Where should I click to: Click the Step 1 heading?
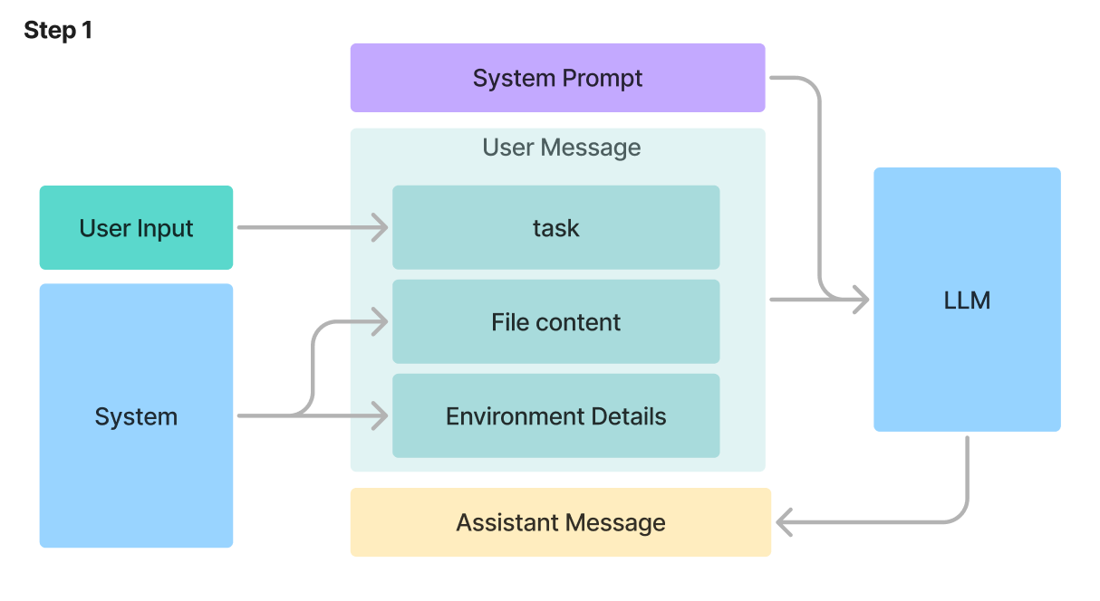[x=58, y=31]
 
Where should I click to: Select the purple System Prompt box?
[x=557, y=78]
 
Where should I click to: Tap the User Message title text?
[x=561, y=148]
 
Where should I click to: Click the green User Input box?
[x=136, y=228]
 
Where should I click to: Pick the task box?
[x=555, y=228]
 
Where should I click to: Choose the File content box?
[x=555, y=322]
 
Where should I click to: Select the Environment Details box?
[x=555, y=416]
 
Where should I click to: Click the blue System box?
[x=136, y=416]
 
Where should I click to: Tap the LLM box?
[x=967, y=300]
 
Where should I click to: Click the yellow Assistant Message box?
[x=560, y=522]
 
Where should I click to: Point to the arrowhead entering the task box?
[x=381, y=228]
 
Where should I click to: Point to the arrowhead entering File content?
[x=381, y=320]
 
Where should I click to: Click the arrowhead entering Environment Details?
[x=381, y=416]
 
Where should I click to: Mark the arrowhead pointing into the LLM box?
[x=861, y=300]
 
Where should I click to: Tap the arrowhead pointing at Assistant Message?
[x=785, y=522]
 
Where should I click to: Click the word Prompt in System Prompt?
[x=602, y=78]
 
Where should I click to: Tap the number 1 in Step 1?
[x=87, y=31]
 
